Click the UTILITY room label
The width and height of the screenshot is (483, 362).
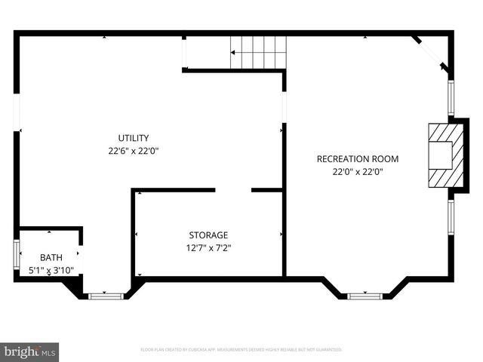(x=133, y=138)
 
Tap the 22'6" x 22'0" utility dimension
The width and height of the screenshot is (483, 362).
(x=133, y=150)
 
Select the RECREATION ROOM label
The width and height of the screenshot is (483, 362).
(x=357, y=159)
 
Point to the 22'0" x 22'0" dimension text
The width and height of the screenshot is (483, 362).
(x=357, y=171)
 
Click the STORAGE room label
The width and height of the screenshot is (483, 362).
(x=208, y=235)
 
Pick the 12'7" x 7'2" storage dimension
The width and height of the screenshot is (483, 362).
(x=208, y=247)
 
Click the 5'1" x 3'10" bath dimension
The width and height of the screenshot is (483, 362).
(x=51, y=269)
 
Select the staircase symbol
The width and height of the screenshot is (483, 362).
(x=258, y=52)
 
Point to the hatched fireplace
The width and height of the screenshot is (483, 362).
(x=439, y=156)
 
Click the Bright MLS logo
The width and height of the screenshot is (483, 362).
(x=30, y=351)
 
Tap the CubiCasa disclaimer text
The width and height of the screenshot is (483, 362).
(x=241, y=350)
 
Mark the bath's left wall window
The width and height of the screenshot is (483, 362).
(x=17, y=254)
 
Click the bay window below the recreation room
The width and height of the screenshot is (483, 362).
(x=365, y=296)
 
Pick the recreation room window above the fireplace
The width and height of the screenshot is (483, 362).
(x=451, y=97)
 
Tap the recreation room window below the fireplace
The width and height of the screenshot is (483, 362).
(x=451, y=215)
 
